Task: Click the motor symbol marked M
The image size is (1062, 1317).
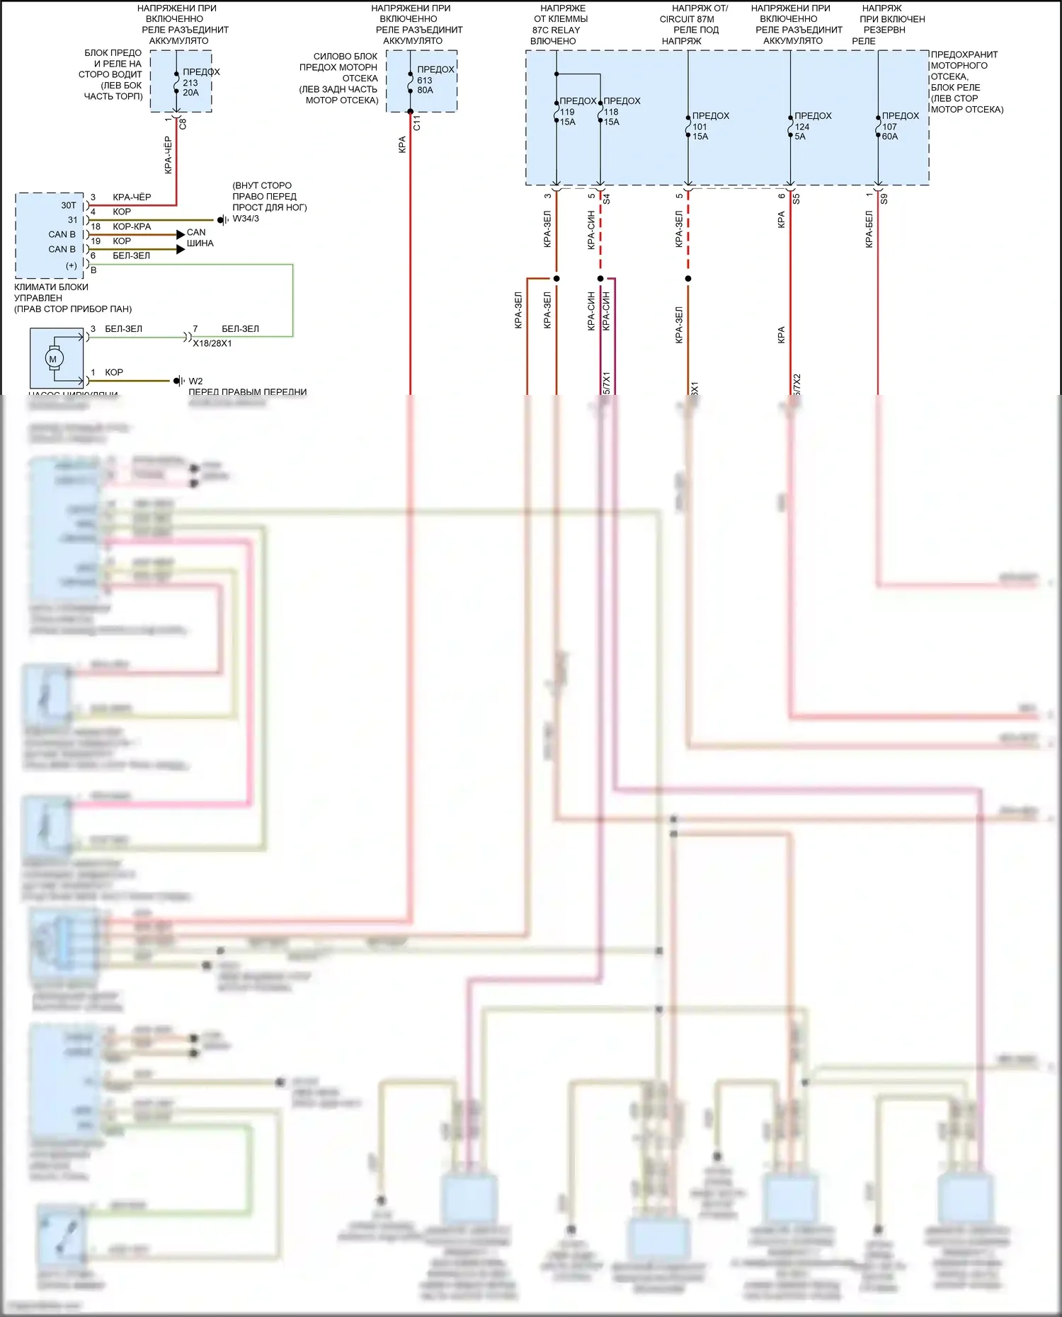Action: point(53,359)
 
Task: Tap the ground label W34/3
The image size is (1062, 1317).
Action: point(246,219)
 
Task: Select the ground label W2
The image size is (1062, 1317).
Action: point(195,381)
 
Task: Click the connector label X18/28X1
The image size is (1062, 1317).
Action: point(212,343)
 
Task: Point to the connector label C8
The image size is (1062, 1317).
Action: point(183,123)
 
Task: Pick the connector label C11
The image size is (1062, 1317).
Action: point(417,123)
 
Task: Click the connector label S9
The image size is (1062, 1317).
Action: point(884,200)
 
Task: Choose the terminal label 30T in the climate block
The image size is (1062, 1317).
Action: point(69,205)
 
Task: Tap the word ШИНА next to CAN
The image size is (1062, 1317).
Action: point(200,243)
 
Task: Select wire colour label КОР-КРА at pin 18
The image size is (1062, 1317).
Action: point(132,226)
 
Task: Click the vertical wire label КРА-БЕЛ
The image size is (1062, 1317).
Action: point(869,229)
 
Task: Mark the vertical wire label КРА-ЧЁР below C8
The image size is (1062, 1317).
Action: point(168,156)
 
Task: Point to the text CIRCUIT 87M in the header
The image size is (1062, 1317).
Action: point(687,19)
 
